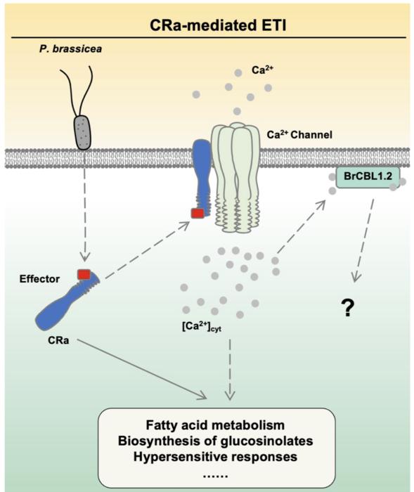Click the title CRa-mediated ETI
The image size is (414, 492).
point(207,25)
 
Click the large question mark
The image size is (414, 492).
point(346,309)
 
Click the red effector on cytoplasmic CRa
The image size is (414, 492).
point(83,273)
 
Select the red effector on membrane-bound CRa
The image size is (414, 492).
point(198,212)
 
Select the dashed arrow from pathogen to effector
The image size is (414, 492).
point(84,211)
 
